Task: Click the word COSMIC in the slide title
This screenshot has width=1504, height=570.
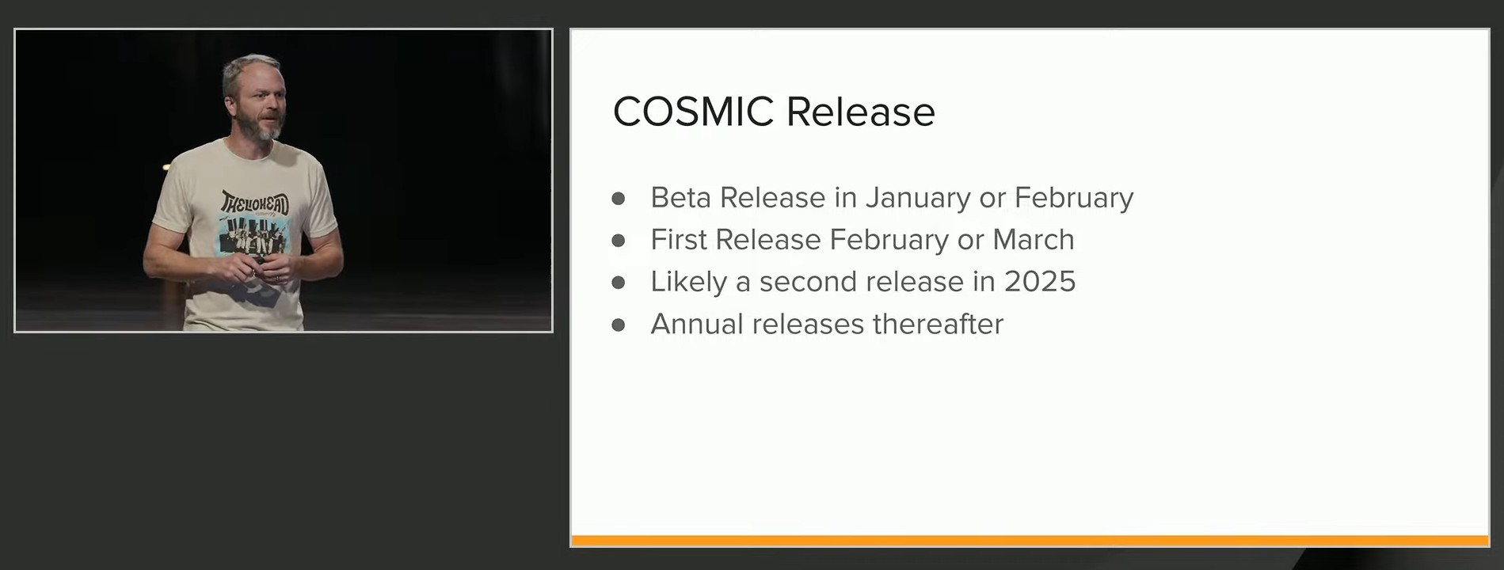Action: [693, 111]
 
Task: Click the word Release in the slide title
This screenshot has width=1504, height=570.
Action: [861, 111]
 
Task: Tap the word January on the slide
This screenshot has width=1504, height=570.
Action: [918, 198]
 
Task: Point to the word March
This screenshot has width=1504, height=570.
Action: [1034, 239]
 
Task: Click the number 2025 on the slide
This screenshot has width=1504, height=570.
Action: [1040, 281]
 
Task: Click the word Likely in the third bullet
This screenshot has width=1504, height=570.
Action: [688, 282]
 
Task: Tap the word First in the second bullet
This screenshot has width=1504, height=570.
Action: [679, 239]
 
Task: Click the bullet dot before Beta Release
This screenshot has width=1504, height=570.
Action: [619, 198]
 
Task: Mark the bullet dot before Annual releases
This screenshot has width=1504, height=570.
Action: [619, 325]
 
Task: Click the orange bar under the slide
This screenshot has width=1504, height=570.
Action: [1030, 541]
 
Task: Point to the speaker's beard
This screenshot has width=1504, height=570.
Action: [265, 126]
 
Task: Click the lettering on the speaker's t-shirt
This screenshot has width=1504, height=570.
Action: [254, 203]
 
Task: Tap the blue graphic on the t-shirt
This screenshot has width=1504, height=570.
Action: [253, 237]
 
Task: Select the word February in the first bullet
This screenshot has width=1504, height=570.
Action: [1074, 198]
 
